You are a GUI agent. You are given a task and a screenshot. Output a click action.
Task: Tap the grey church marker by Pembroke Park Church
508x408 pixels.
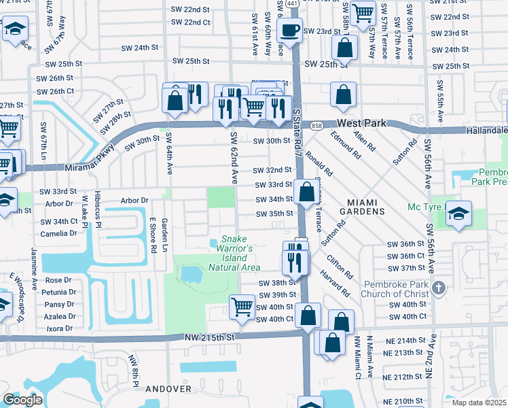tap(439, 288)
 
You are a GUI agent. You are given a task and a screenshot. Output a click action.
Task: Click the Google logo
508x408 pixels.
tap(22, 400)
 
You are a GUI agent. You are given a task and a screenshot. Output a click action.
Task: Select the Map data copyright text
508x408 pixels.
tap(479, 403)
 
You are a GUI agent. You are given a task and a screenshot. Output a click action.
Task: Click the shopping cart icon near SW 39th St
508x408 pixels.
tap(242, 307)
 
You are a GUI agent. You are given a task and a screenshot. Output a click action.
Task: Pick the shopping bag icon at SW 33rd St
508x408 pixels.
tap(307, 192)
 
